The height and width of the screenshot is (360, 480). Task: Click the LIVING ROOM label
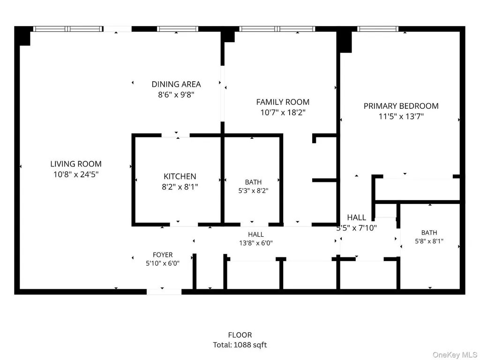(76, 164)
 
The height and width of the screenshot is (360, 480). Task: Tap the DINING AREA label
(176, 84)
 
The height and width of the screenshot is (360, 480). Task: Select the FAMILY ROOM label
(283, 102)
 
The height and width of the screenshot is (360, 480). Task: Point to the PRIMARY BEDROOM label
(401, 106)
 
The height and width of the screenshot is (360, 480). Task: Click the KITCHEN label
(180, 176)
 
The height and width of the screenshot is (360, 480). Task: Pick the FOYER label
(163, 255)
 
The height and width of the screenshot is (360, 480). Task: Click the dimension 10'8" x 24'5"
(76, 174)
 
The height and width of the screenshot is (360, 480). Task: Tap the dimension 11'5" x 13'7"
(401, 116)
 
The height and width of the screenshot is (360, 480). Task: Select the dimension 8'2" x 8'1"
(180, 187)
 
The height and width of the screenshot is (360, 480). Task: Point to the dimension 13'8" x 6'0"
(256, 243)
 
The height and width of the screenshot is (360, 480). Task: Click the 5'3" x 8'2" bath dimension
(254, 190)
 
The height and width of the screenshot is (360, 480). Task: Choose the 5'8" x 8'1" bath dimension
(429, 241)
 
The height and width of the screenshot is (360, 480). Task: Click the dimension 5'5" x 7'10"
(357, 228)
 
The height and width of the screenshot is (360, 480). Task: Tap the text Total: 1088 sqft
(240, 345)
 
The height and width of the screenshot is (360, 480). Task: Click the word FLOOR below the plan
(240, 335)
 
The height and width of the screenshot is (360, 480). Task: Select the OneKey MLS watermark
(455, 355)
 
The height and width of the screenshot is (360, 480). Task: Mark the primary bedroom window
(378, 29)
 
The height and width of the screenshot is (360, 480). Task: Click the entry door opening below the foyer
(164, 292)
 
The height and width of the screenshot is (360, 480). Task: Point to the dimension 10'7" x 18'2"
(283, 112)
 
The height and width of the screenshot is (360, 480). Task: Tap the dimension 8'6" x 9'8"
(176, 95)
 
